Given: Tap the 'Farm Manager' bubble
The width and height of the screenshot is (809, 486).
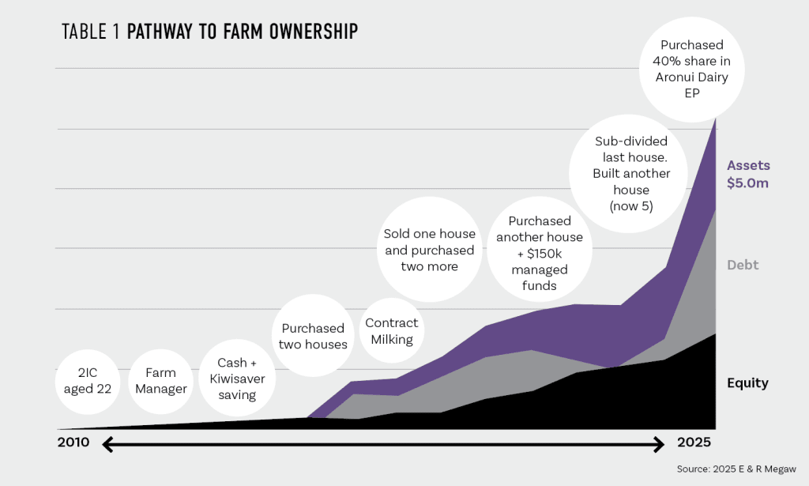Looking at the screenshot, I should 161,380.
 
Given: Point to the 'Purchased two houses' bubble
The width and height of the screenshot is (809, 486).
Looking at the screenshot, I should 314,336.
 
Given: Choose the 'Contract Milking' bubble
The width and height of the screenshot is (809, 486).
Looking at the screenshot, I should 392,330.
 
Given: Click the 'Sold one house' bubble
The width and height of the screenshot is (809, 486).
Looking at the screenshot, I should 430,250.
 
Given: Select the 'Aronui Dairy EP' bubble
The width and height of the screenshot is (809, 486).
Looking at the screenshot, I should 691,69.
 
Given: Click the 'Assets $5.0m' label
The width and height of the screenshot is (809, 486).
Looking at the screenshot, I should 747,175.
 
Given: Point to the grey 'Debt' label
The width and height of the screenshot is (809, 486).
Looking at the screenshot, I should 743,266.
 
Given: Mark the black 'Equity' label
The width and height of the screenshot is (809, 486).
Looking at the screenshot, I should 747,383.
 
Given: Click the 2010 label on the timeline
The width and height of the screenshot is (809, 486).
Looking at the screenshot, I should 74,442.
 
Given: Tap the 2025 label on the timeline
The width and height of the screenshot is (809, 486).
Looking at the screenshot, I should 695,442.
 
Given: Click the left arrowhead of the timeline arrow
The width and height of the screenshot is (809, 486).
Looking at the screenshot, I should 109,446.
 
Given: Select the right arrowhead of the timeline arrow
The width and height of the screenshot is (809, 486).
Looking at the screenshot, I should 659,446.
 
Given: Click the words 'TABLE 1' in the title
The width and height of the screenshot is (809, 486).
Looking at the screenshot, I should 92,32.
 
